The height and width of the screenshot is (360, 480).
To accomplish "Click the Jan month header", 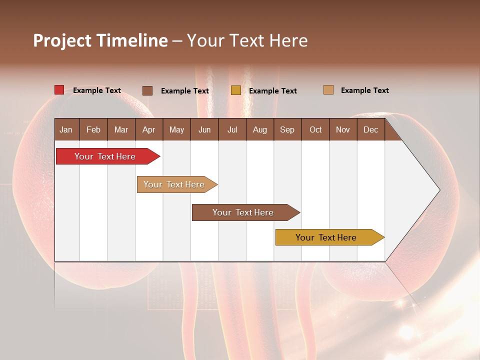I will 66,129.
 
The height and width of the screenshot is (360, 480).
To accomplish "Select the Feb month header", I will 93,129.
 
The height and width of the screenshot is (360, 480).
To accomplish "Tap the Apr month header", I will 148,129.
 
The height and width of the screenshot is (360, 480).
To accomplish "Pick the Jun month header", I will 204,129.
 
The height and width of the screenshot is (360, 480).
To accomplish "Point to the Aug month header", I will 259,129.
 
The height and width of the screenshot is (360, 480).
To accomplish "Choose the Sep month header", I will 287,129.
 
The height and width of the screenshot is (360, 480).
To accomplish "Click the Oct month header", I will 315,129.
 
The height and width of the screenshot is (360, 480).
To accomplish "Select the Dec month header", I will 370,129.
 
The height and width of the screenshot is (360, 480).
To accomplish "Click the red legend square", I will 59,90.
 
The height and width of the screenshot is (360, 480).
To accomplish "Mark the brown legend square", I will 147,90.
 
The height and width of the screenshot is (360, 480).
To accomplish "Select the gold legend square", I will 235,90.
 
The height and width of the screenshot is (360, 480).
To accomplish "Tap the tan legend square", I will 328,90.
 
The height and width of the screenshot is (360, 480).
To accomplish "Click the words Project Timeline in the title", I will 100,40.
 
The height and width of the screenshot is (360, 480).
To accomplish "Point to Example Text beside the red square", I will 97,90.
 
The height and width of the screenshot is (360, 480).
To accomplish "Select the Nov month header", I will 343,129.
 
